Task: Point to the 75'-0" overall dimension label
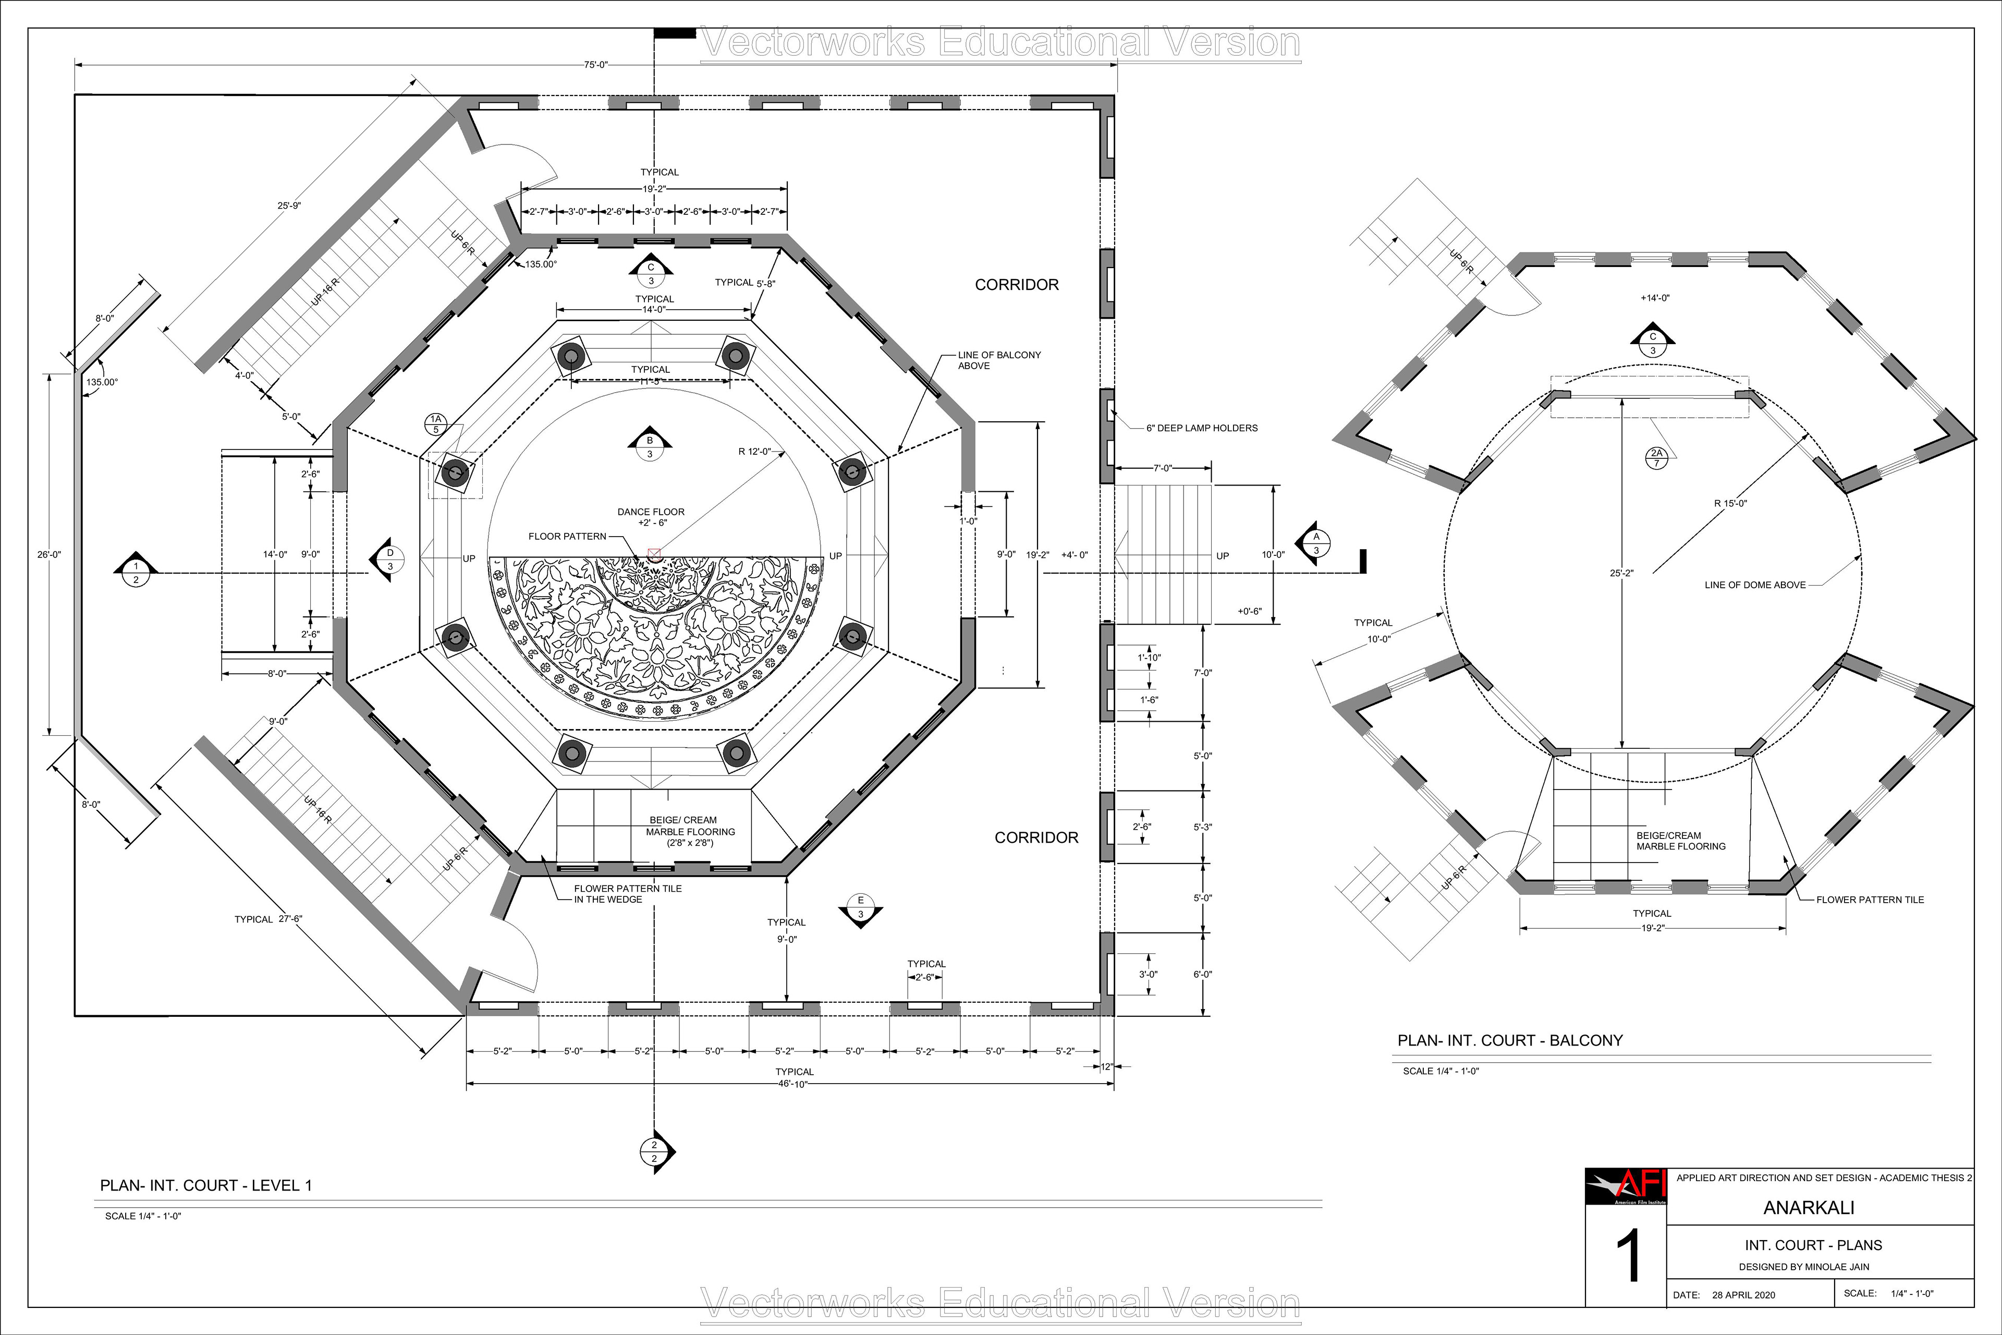[x=596, y=65]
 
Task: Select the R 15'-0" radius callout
[x=1730, y=503]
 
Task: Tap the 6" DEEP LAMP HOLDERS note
[x=1202, y=428]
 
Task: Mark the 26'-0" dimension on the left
[x=50, y=554]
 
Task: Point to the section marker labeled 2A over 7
[x=1656, y=458]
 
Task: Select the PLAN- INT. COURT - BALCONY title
[x=1510, y=1040]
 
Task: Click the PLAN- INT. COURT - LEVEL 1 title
[x=206, y=1185]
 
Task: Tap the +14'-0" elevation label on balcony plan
[x=1655, y=298]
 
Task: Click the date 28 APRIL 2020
[x=1743, y=1295]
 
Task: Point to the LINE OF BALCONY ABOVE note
[x=999, y=360]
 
